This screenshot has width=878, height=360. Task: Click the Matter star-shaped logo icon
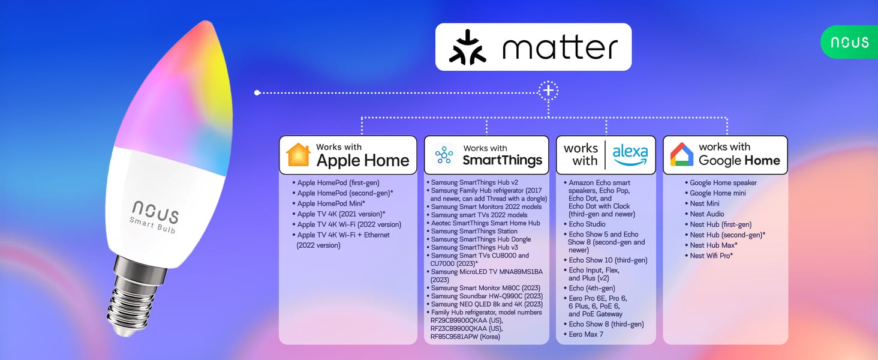point(468,47)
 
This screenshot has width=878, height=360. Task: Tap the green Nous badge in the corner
point(849,42)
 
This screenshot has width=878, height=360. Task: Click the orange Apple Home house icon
point(298,155)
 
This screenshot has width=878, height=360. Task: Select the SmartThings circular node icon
point(444,155)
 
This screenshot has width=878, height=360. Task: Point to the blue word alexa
point(630,154)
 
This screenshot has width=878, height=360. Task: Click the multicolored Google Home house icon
point(682,154)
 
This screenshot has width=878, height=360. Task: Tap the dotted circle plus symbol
point(548,91)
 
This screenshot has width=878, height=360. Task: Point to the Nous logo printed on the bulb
point(155,211)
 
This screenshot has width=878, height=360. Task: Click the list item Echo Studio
point(584,224)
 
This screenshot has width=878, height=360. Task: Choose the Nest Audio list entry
point(704,214)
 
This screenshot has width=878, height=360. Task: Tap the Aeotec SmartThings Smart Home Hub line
point(483,223)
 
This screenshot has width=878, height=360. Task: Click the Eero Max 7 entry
point(584,334)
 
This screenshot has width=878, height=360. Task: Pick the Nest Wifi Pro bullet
point(709,256)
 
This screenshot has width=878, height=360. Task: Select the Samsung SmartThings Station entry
point(472,231)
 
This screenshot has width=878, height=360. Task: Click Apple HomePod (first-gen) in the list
point(336,183)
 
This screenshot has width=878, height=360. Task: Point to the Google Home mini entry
point(715,193)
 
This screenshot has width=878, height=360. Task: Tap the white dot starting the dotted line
point(257,93)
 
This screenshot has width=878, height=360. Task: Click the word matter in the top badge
point(560,48)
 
